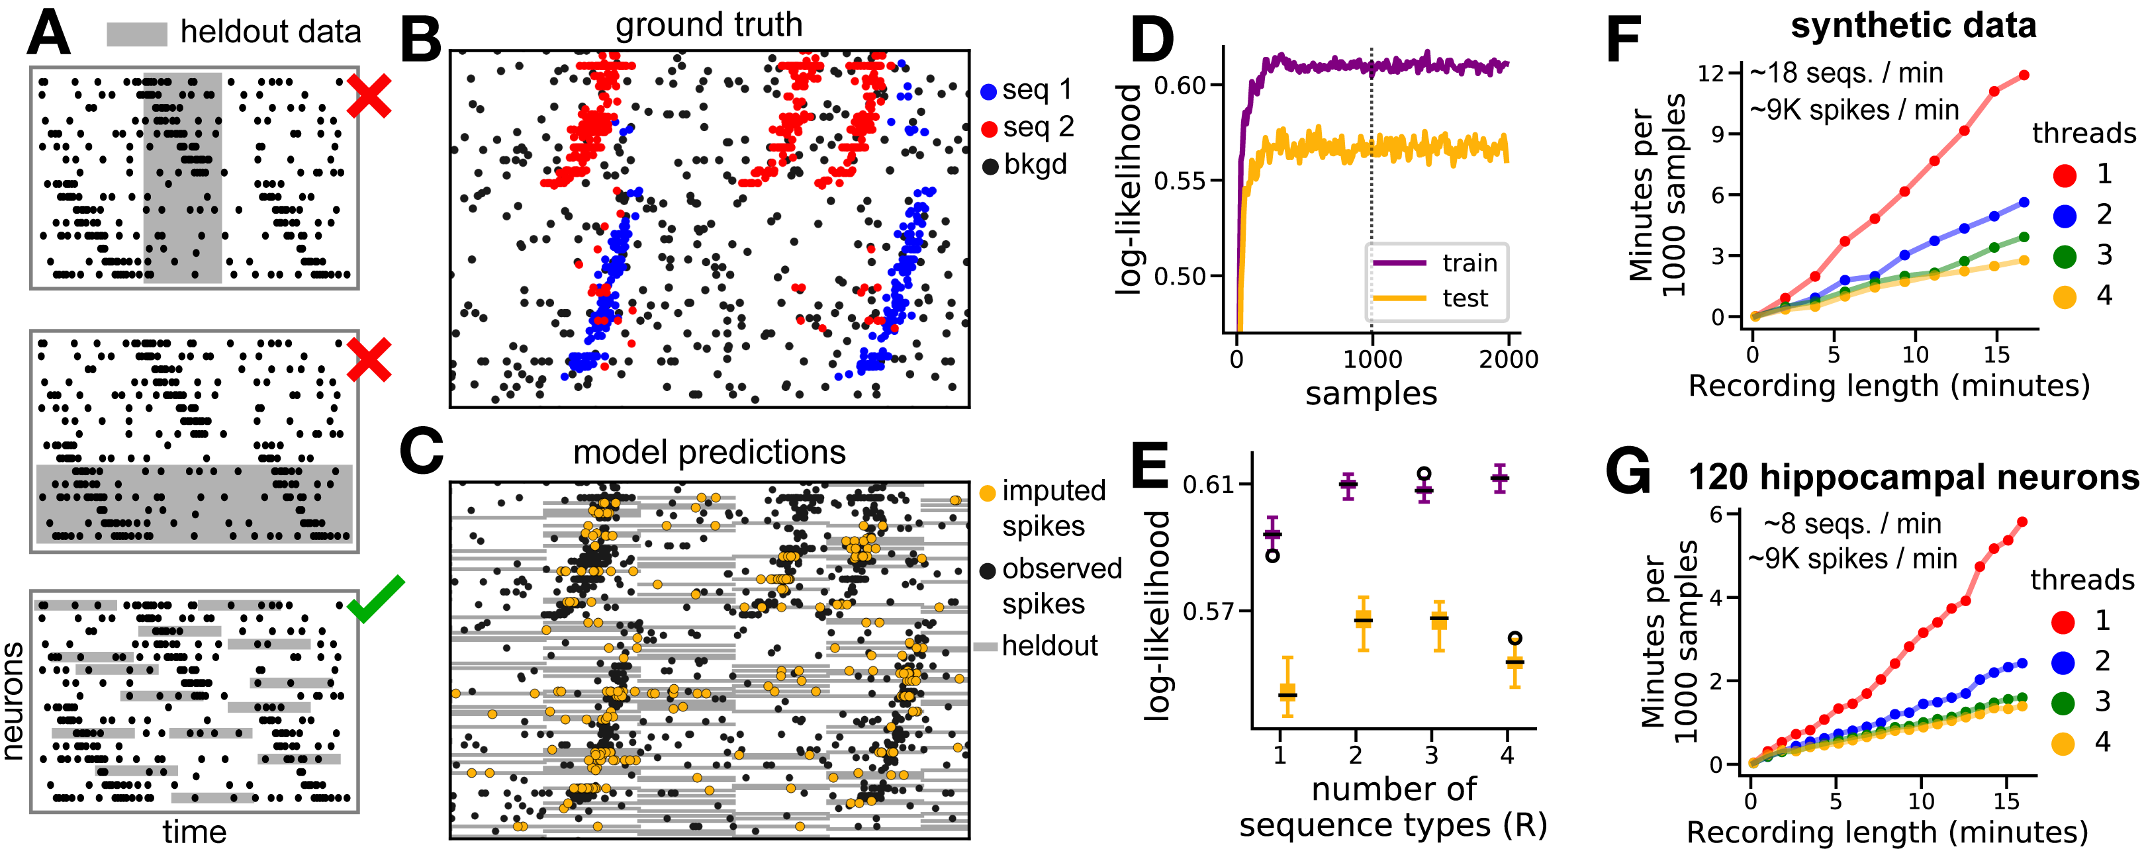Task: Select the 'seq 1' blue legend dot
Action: (x=989, y=91)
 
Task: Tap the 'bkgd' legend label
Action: (x=1035, y=165)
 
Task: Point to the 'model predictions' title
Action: (x=708, y=452)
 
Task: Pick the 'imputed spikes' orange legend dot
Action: (x=988, y=492)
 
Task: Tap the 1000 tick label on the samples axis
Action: (x=1372, y=359)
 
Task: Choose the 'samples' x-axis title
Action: (x=1371, y=394)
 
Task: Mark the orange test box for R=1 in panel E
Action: (x=1287, y=692)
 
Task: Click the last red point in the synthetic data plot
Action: (x=2024, y=75)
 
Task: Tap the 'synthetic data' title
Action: (x=1912, y=26)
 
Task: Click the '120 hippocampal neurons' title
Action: (x=1912, y=478)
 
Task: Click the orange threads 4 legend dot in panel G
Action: (x=2063, y=743)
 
